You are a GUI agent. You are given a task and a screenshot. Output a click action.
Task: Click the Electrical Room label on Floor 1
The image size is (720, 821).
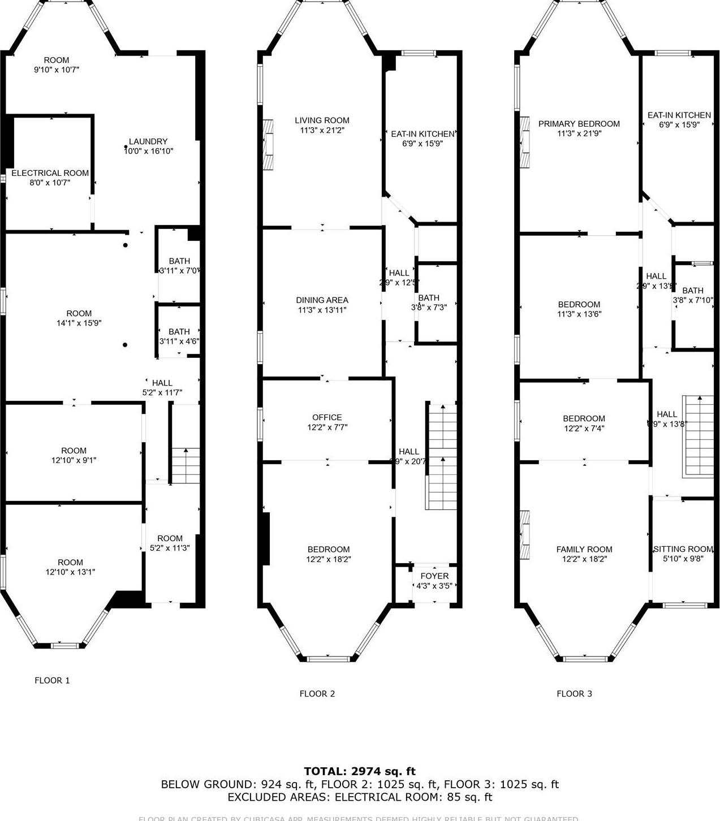50,173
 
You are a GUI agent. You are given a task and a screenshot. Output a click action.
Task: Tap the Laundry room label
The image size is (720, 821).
148,141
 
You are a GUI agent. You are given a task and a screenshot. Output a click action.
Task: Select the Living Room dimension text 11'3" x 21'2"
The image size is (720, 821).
322,130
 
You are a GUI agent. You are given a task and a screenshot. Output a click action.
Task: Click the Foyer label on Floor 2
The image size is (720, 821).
434,576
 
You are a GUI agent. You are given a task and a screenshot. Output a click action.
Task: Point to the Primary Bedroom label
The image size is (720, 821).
579,124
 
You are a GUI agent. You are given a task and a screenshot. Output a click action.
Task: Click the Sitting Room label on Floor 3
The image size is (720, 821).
683,549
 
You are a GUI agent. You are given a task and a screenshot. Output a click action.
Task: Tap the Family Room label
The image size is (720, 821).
584,549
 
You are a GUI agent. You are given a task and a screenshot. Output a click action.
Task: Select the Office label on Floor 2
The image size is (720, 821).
327,417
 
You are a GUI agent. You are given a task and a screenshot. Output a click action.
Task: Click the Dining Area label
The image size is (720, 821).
322,300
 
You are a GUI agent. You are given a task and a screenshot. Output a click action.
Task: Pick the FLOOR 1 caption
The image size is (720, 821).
52,680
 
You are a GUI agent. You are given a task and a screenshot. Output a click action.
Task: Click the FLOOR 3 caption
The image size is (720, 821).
574,694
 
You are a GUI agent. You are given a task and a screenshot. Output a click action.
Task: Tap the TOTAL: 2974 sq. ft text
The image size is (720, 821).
360,771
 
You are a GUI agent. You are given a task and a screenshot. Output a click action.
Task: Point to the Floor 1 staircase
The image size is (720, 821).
185,465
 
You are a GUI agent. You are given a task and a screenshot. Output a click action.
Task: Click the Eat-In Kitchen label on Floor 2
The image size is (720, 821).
422,134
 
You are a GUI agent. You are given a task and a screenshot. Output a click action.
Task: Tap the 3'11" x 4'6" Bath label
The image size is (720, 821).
179,332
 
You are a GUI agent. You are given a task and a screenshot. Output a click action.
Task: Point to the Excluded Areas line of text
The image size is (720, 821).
360,797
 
